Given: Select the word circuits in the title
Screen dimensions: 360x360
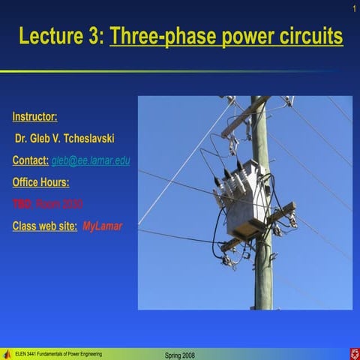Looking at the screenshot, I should click(x=307, y=37).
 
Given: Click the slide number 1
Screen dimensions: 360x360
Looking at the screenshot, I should click(x=352, y=8).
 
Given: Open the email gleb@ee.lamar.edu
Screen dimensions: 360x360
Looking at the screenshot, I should click(x=90, y=160).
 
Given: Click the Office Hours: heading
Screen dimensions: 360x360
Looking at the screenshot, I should click(x=40, y=182).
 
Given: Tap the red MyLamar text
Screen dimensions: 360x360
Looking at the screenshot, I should click(x=102, y=226).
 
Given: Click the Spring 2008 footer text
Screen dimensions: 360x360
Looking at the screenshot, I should click(x=179, y=355).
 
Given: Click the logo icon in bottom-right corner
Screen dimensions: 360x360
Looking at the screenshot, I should click(x=352, y=353).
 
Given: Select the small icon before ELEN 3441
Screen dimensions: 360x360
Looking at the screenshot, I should click(x=7, y=354).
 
